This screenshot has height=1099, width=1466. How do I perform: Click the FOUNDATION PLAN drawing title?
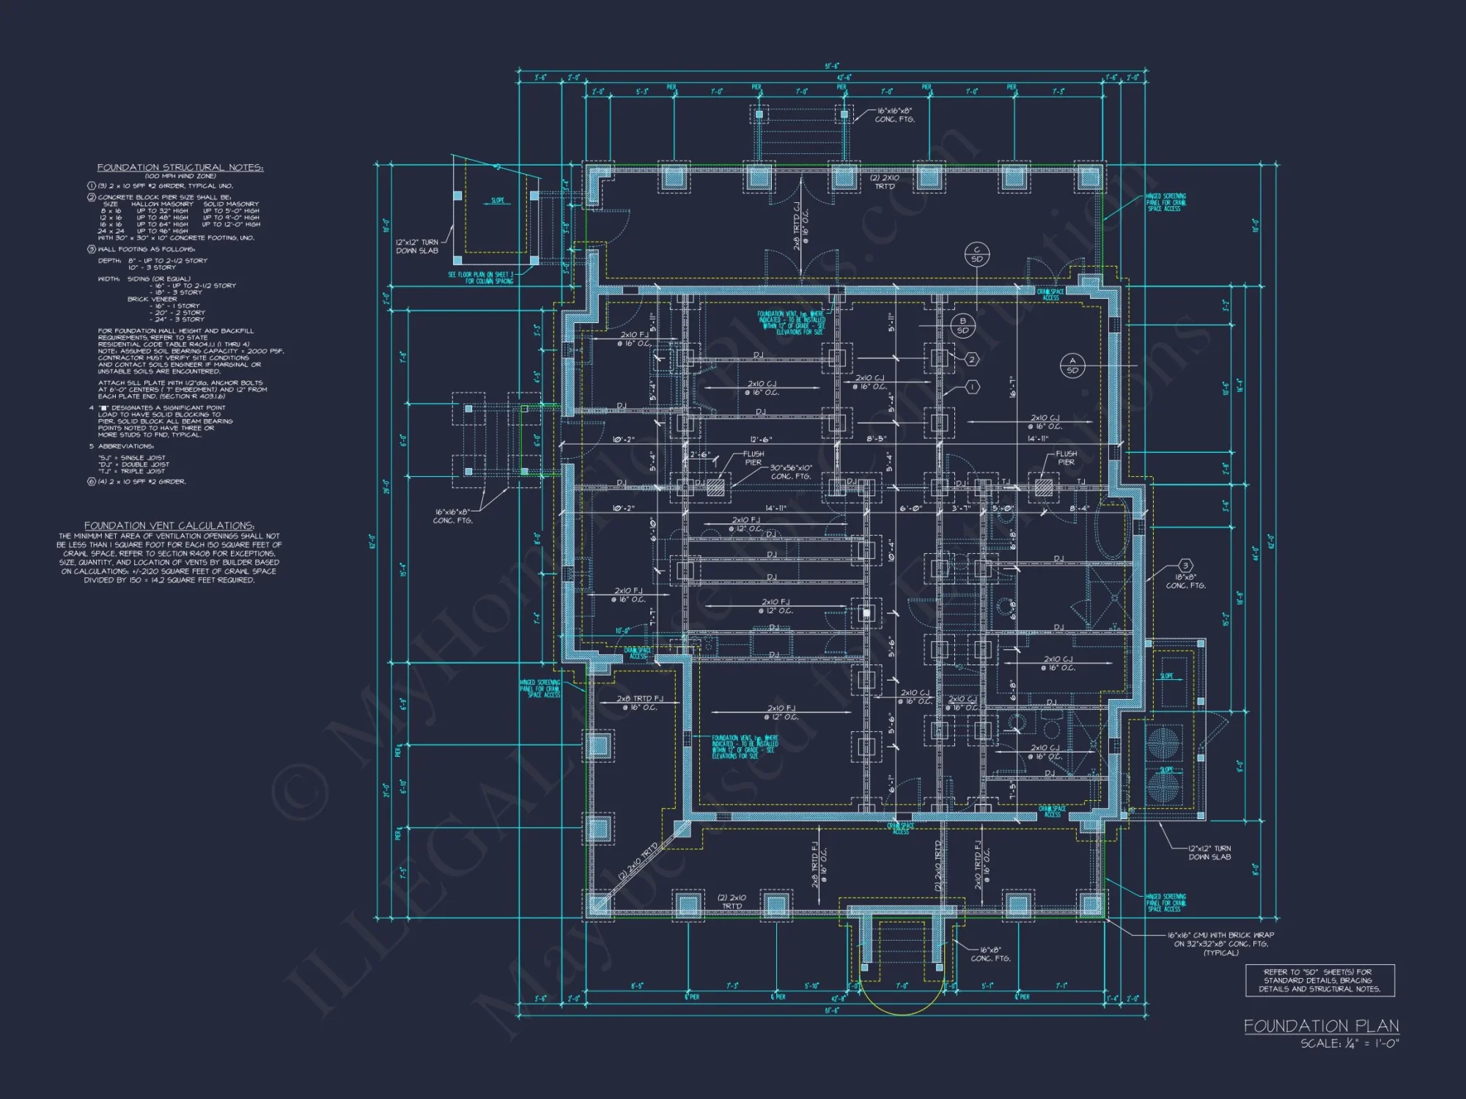tap(1321, 1025)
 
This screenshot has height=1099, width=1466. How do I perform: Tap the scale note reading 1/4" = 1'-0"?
tap(1349, 1043)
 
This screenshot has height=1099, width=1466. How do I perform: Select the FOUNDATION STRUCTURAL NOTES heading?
tap(180, 167)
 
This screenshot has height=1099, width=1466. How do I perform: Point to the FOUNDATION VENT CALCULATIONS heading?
tap(169, 525)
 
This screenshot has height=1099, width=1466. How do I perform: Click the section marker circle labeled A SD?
tap(1072, 365)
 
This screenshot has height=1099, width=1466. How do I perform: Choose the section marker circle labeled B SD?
tap(962, 325)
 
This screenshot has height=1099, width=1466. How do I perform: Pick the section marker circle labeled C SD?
tap(976, 254)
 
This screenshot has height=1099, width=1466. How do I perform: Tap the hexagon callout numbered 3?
tap(1185, 566)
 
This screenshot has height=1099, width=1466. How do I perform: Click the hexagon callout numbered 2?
tap(971, 359)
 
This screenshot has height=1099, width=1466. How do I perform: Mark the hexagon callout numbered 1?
tap(972, 387)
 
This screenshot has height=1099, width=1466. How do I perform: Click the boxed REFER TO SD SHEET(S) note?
tap(1319, 980)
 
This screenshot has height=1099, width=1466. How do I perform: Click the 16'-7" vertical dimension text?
tap(1012, 387)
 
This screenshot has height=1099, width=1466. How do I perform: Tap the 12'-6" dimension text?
tap(760, 440)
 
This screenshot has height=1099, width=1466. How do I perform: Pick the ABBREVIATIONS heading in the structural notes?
tap(126, 446)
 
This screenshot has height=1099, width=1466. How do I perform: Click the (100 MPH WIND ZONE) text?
tap(180, 176)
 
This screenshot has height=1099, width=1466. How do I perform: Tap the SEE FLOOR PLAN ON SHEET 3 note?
tap(481, 277)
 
